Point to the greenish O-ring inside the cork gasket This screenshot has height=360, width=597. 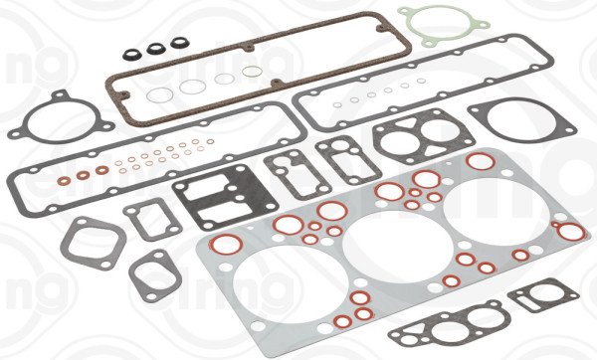253,72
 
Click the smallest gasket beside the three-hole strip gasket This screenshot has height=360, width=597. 537,295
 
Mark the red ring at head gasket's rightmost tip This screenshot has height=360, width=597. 571,232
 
